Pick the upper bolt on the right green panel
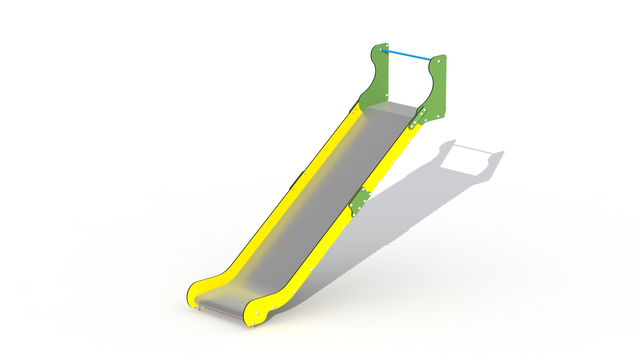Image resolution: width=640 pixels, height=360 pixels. click(x=438, y=62)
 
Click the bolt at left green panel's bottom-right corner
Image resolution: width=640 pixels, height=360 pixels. click(x=386, y=95)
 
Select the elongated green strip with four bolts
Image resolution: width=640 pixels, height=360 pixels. click(x=418, y=117)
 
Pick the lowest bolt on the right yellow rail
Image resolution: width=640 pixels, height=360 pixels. click(x=252, y=322)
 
